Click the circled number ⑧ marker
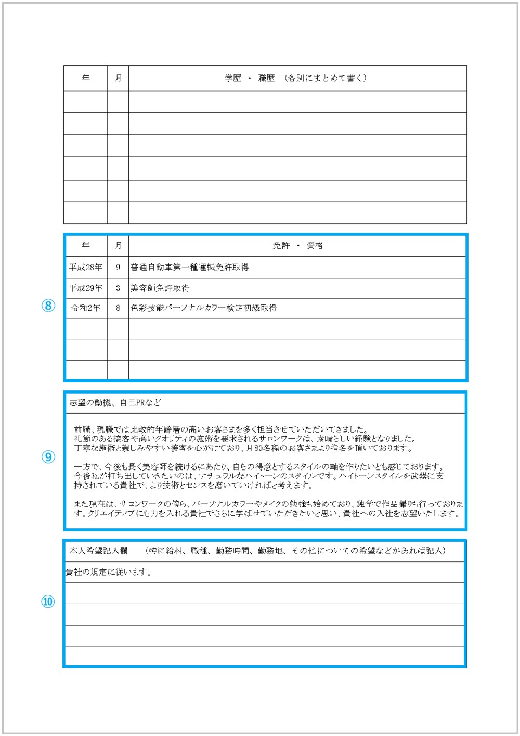48,306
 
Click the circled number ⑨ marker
48,457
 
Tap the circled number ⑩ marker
48,602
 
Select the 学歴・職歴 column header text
296,78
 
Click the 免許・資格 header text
297,246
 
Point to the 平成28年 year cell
86,267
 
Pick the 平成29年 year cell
86,288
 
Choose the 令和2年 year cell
86,308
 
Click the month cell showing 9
118,267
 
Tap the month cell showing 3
118,288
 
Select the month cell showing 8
118,308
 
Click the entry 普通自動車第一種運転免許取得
190,267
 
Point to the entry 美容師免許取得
160,288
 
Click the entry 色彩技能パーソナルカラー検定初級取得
204,308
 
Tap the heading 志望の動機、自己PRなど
115,402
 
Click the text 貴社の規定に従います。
108,572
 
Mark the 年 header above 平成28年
86,246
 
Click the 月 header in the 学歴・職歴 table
118,78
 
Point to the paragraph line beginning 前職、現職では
221,429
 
